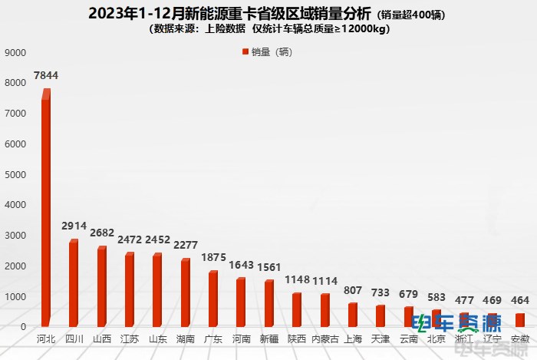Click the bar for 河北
(x=46, y=207)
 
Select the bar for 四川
(x=74, y=283)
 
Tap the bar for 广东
(x=213, y=299)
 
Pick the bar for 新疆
(x=268, y=303)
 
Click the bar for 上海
(x=352, y=315)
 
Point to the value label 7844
(x=46, y=75)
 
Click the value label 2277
(x=186, y=246)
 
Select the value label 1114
(x=325, y=281)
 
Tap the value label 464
(x=519, y=301)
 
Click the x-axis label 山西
(x=102, y=339)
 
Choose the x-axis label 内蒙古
(x=325, y=339)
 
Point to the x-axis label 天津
(x=380, y=339)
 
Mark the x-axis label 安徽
(x=519, y=339)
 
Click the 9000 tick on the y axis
(x=15, y=53)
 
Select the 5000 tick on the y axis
(x=15, y=175)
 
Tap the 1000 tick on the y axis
(x=15, y=296)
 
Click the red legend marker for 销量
(x=245, y=52)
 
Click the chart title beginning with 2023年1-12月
(x=229, y=14)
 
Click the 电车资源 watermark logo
(x=456, y=322)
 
